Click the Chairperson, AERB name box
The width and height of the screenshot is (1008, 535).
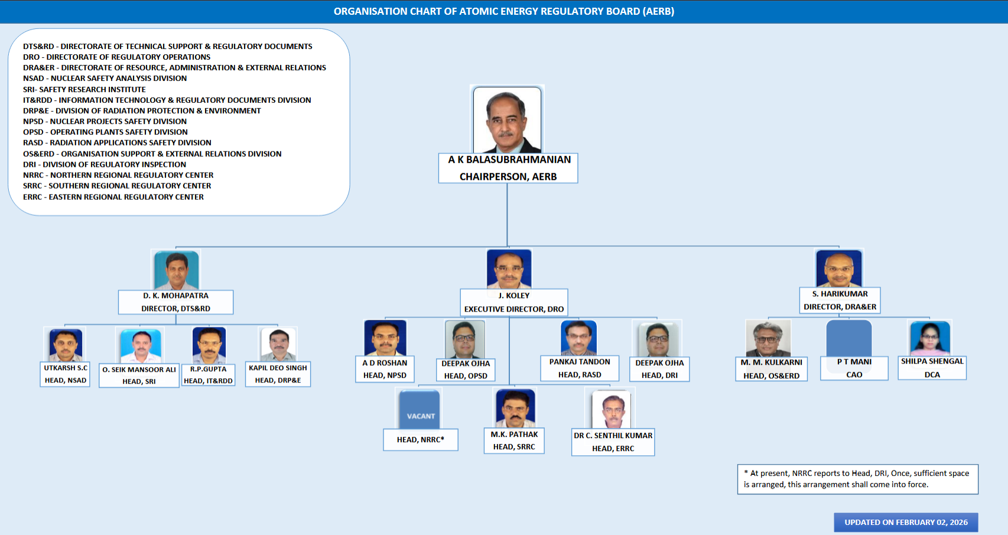508,168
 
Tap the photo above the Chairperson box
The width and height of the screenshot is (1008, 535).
507,120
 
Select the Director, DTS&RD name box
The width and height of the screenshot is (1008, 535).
175,302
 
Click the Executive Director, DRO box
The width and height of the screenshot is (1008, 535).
514,302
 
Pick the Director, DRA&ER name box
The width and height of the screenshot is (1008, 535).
840,300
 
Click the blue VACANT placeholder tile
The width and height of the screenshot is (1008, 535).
420,409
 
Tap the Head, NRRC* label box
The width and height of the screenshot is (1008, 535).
420,440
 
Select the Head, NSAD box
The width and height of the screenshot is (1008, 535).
65,374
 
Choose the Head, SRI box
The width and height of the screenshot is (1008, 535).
139,375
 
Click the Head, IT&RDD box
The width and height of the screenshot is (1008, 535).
208,375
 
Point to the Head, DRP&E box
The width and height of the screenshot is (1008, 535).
278,374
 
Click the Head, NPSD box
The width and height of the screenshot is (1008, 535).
385,369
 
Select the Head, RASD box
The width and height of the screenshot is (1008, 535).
580,368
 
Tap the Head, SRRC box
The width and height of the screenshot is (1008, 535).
514,440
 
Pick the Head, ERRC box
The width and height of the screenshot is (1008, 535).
613,442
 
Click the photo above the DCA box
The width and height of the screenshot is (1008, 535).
929,338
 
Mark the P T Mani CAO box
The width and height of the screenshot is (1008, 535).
854,368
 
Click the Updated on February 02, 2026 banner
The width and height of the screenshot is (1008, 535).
906,523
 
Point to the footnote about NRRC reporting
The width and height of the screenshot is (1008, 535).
858,479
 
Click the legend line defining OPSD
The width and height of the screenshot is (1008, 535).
105,132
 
